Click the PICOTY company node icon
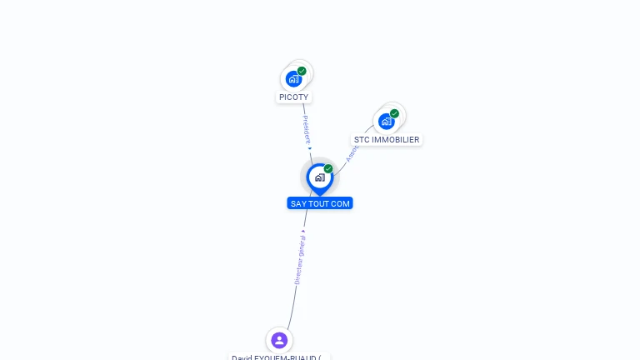[x=292, y=79]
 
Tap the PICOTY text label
[x=293, y=97]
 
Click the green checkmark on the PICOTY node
[x=302, y=71]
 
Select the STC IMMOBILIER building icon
[x=386, y=122]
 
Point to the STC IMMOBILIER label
[x=387, y=140]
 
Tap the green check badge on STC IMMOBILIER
[x=394, y=113]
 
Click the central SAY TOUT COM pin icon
[x=319, y=177]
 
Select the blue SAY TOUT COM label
[x=320, y=203]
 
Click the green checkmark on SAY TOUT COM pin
[x=328, y=168]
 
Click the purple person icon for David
[x=279, y=340]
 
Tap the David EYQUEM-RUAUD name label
[x=278, y=357]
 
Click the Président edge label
[x=306, y=129]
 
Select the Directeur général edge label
[x=300, y=258]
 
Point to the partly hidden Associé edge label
[x=351, y=153]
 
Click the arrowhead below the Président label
[x=310, y=148]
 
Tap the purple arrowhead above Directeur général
[x=303, y=229]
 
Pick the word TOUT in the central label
[x=321, y=203]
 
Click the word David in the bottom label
[x=242, y=357]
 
